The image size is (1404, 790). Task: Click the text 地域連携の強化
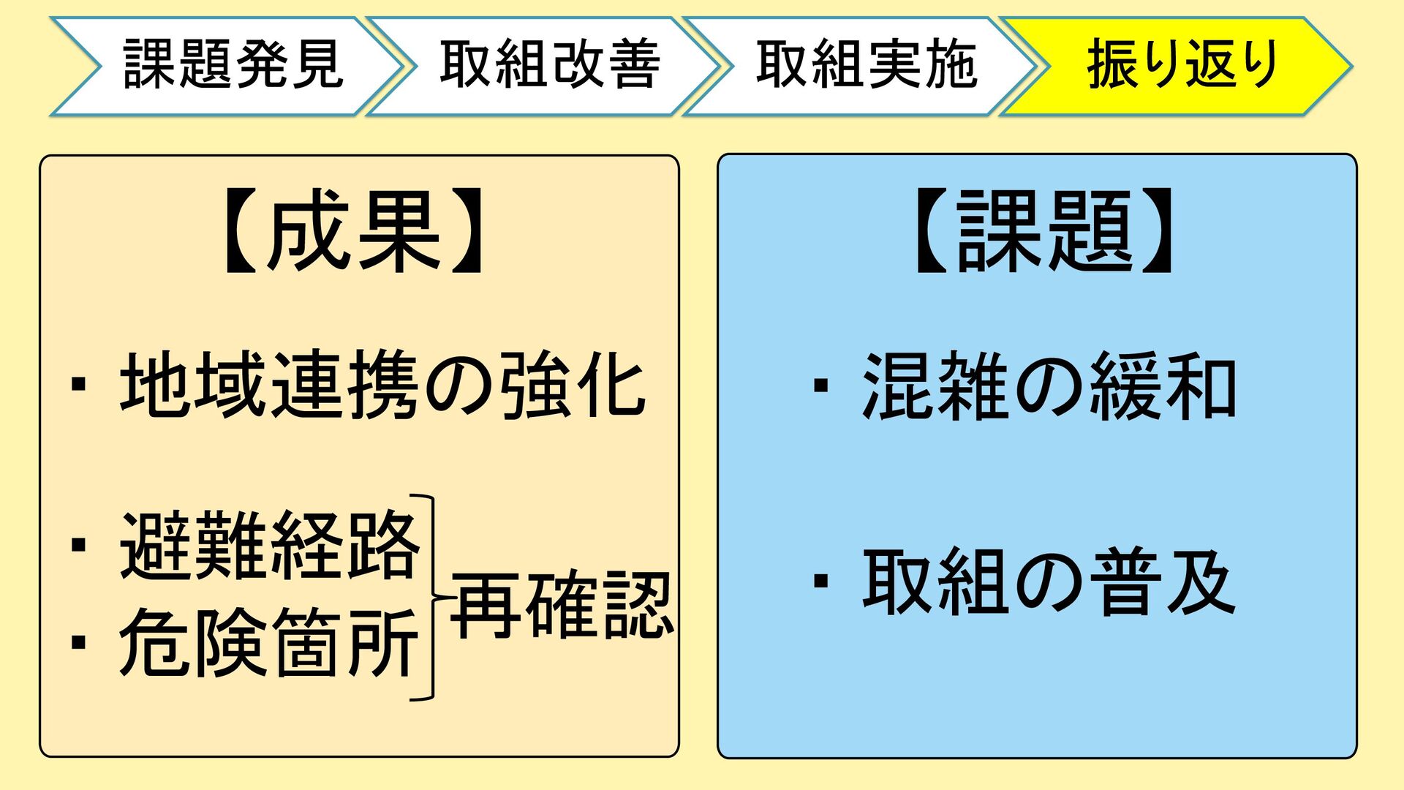[382, 385]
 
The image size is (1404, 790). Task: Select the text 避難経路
[269, 546]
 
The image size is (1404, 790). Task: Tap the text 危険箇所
[269, 644]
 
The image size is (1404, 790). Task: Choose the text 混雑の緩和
[1049, 386]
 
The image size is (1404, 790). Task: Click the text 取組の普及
[1049, 583]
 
